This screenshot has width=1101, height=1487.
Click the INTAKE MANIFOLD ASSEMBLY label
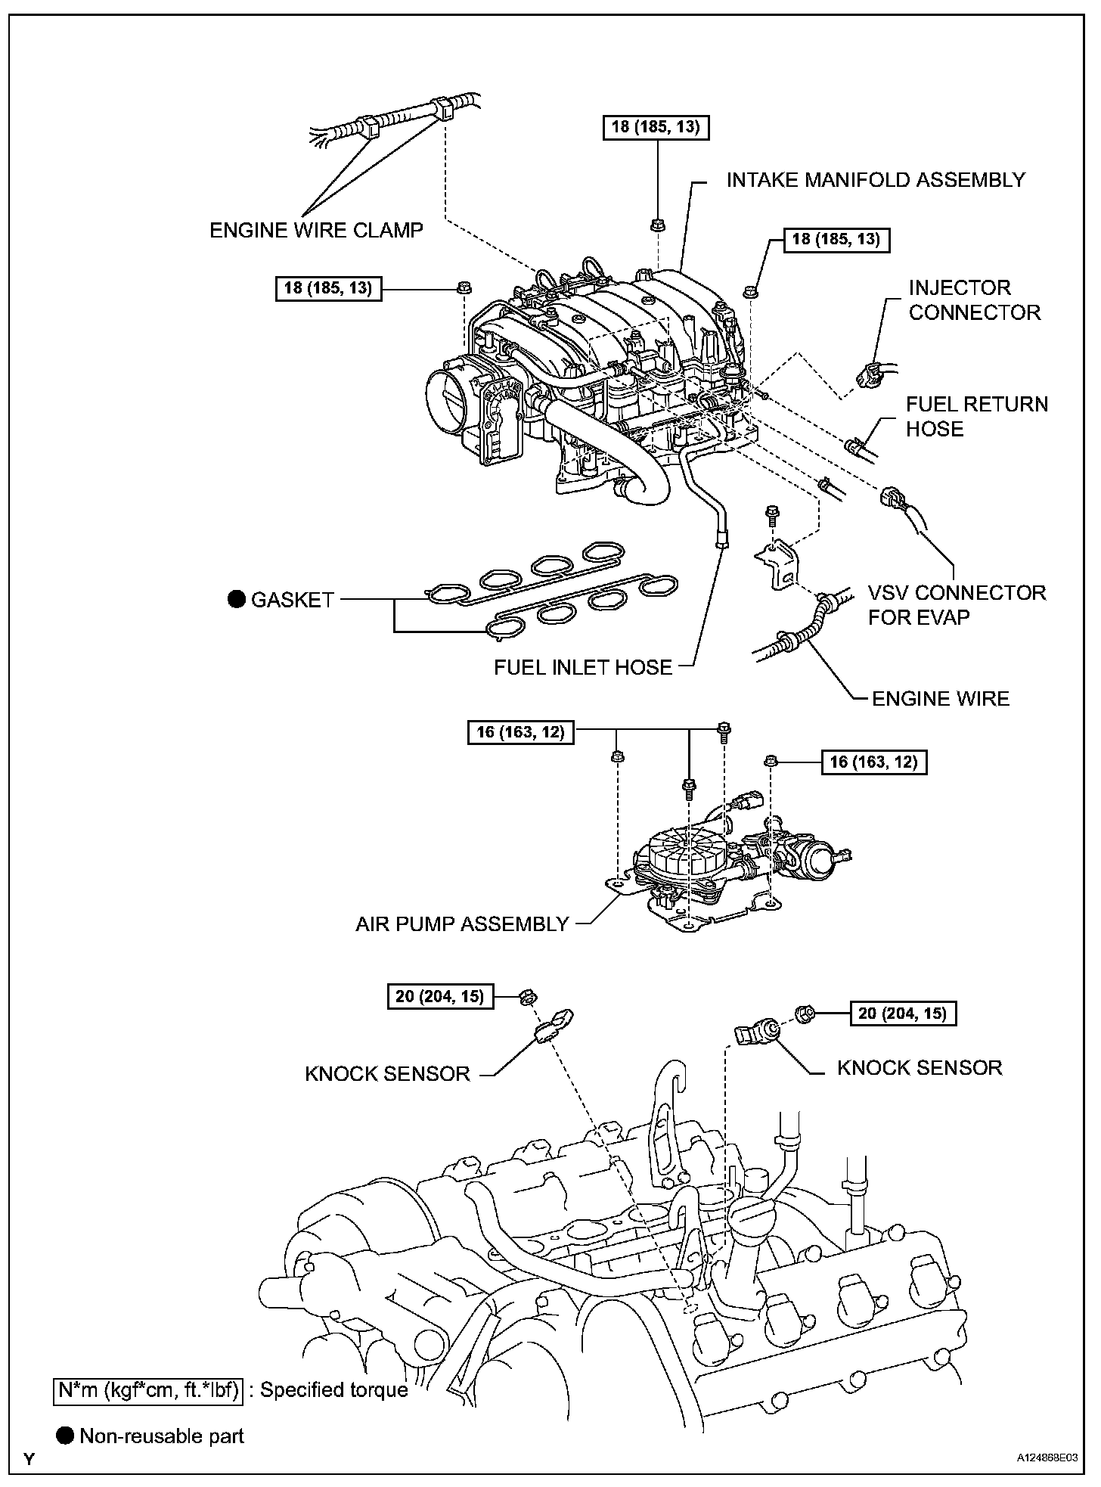(876, 180)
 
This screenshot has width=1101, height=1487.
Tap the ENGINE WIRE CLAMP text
(316, 230)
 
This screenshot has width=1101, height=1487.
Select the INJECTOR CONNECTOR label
(974, 300)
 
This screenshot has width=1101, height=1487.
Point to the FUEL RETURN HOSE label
(976, 416)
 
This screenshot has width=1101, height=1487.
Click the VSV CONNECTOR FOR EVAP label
(956, 604)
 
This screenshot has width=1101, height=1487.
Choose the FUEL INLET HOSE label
(582, 667)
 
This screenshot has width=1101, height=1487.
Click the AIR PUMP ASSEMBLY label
(462, 924)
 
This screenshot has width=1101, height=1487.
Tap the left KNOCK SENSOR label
(387, 1073)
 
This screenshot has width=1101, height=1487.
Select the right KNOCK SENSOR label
(919, 1067)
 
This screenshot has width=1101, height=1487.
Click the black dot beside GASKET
(237, 600)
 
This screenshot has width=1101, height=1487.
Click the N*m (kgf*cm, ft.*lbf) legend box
(148, 1389)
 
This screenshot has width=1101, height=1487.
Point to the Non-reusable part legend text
(162, 1436)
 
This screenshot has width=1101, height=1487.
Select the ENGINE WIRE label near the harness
(940, 698)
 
